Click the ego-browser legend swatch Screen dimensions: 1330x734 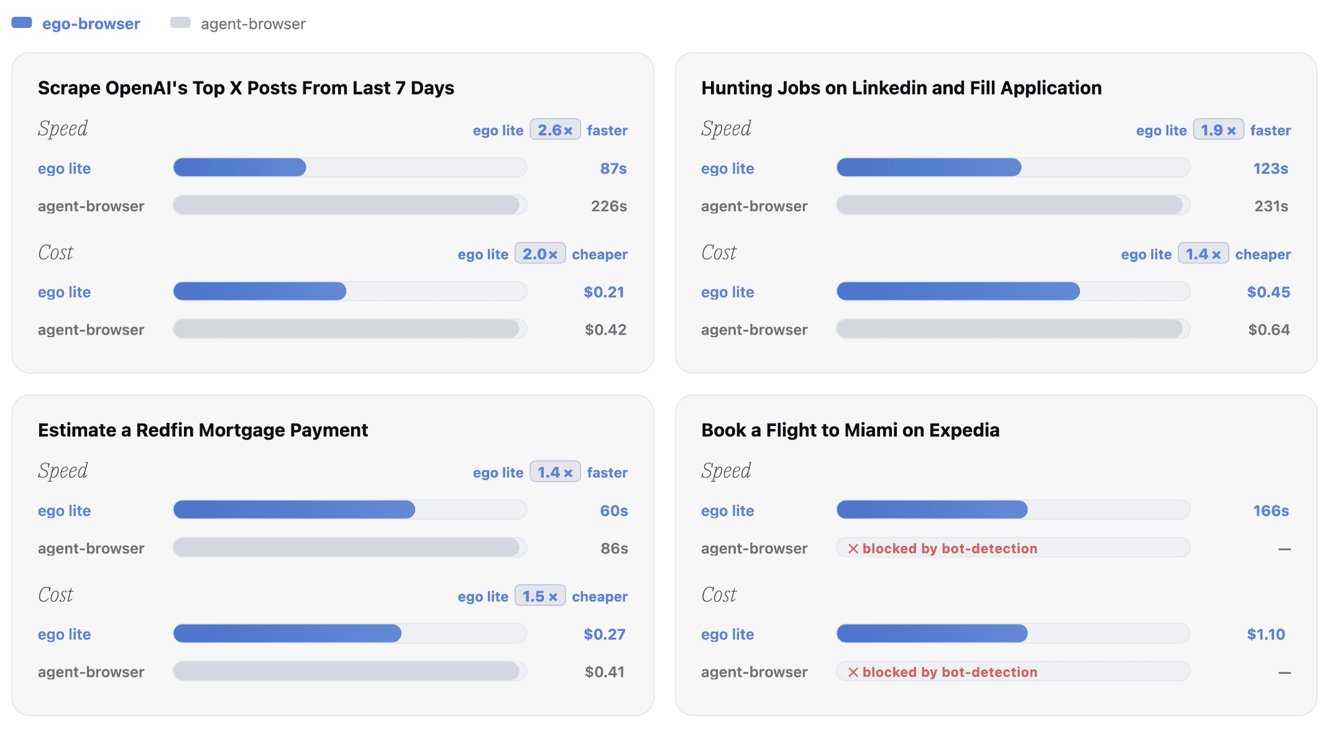click(22, 23)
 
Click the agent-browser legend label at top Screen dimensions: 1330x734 click(253, 24)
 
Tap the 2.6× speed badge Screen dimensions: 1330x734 click(555, 130)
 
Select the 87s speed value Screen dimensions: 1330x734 click(613, 168)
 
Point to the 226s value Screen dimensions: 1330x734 click(609, 206)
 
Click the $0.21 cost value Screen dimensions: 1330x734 click(604, 292)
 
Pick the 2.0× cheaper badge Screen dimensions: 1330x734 click(540, 254)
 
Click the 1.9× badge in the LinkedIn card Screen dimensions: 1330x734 click(1218, 130)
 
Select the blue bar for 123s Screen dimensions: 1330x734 click(929, 167)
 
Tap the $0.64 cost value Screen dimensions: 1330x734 click(1269, 330)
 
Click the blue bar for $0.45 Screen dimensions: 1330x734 click(958, 291)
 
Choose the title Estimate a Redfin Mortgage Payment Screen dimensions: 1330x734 click(203, 430)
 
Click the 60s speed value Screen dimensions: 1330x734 click(614, 510)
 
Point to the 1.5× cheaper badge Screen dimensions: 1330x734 click(540, 596)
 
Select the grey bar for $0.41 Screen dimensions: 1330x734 click(346, 671)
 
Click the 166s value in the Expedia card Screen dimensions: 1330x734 click(1271, 510)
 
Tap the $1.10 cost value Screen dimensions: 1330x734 click(1266, 634)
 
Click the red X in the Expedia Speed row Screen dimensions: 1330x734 click(853, 548)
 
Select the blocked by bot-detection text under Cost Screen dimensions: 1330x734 click(950, 672)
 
